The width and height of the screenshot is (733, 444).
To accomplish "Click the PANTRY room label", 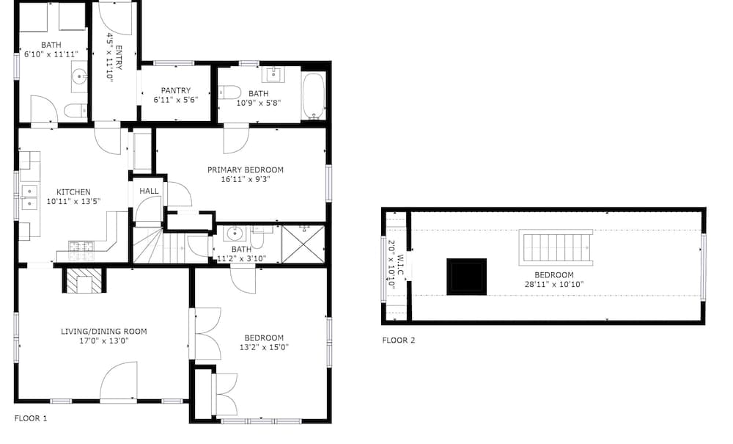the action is coord(176,90).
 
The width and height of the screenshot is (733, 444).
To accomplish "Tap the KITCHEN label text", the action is coord(73,192).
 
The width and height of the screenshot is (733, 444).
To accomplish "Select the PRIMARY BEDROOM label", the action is coord(246,170).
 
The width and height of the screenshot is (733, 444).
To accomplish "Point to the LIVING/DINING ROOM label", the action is coord(104,331).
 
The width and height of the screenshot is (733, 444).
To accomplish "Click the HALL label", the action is coord(149,191).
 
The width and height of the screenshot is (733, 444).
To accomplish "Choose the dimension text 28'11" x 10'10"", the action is coord(554,284).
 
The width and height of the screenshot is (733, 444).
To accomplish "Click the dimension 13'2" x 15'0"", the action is coord(264,347).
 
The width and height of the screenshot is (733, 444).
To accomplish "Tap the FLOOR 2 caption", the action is coord(399,340).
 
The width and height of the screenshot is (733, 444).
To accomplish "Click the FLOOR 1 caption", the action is coord(31,418).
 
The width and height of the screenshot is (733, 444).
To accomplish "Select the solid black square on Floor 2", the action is coord(466,277).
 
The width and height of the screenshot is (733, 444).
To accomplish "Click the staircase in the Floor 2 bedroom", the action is coord(556,247).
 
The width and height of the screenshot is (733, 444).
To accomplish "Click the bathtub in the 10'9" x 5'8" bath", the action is coord(314,96).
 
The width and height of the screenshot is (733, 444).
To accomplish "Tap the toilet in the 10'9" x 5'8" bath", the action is coord(229,92).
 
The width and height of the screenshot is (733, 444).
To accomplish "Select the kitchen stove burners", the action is coord(81,251).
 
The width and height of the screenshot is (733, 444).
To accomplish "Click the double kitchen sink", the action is coord(29,198).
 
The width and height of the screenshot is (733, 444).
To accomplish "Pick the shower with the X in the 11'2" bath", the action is coord(303,244).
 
